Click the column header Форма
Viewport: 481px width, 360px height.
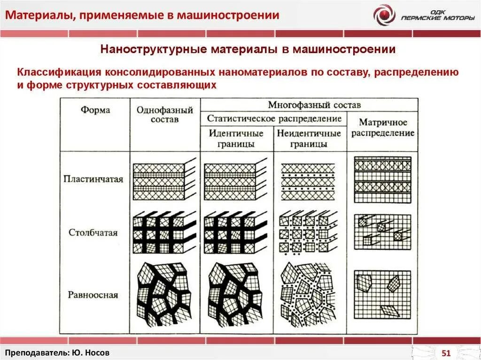click(95, 110)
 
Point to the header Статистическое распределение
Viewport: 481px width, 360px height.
click(274, 118)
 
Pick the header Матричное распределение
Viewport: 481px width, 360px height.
click(383, 128)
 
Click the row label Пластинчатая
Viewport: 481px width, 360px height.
click(93, 179)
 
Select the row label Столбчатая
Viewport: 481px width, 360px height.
click(93, 232)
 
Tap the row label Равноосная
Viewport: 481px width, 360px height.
click(93, 295)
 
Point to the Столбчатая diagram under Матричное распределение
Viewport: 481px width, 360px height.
click(382, 232)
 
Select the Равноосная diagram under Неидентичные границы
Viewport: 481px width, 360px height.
click(308, 294)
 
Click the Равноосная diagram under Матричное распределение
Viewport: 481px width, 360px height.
click(382, 293)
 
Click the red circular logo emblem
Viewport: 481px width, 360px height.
click(384, 15)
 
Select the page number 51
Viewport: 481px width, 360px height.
click(446, 353)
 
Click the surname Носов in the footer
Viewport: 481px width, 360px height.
click(100, 352)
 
